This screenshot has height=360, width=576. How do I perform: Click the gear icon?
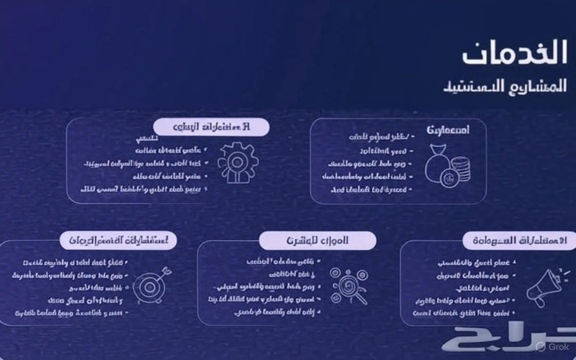pyautogui.click(x=238, y=162)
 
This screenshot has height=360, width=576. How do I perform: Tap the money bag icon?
pyautogui.click(x=438, y=166)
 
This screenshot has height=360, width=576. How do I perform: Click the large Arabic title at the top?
pyautogui.click(x=514, y=54)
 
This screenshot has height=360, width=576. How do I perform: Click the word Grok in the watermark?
pyautogui.click(x=560, y=347)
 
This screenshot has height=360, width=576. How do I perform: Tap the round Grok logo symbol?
pyautogui.click(x=541, y=347)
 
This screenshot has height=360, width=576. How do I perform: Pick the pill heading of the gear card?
pyautogui.click(x=211, y=127)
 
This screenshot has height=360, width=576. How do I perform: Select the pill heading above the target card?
pyautogui.click(x=118, y=240)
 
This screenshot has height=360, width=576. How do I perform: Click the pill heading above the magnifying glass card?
pyautogui.click(x=317, y=241)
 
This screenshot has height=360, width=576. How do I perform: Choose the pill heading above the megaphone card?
pyautogui.click(x=519, y=240)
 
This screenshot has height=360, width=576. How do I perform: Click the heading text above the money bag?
pyautogui.click(x=448, y=130)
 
